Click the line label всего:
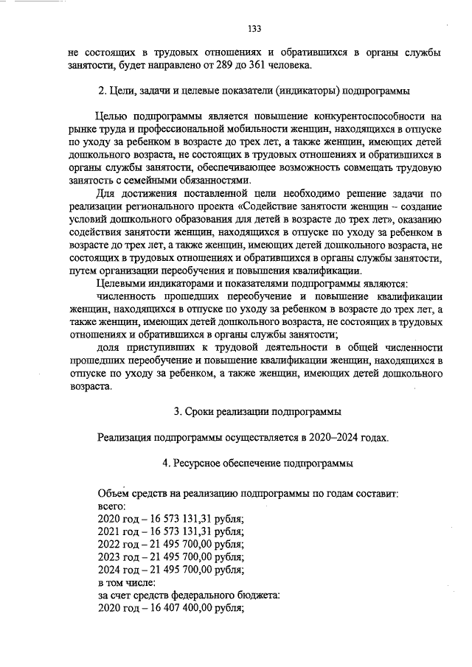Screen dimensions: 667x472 click(112, 506)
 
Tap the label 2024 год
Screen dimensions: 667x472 click(119, 570)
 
